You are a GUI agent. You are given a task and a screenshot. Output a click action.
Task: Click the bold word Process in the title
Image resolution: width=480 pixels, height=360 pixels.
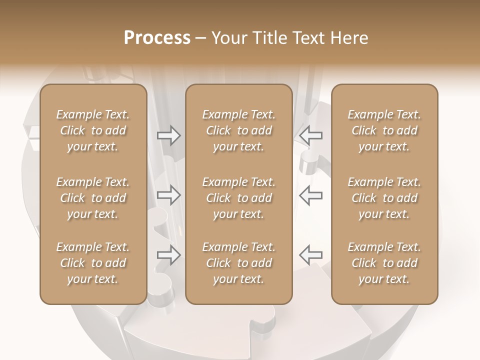pos(157,38)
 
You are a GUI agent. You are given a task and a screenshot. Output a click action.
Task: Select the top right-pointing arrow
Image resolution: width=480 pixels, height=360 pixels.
pos(168,135)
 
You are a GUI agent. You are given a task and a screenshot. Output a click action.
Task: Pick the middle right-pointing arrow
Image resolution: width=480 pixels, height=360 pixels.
pos(168,195)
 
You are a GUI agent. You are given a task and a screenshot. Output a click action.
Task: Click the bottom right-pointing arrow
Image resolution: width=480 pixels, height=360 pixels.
pos(168,255)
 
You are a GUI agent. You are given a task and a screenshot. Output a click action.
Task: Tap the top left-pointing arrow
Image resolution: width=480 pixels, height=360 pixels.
pos(311,135)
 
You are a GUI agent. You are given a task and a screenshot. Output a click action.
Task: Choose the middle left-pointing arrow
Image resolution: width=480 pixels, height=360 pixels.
pos(311,195)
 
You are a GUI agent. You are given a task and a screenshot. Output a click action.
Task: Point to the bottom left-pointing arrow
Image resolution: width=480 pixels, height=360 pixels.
pos(311,255)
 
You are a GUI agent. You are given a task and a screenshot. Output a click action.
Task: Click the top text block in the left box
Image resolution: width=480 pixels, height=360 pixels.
pos(93,130)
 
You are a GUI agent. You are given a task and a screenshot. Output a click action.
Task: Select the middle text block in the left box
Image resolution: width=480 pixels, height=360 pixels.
pos(93,198)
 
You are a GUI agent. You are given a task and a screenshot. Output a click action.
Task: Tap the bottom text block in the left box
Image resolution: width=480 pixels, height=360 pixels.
pos(93,263)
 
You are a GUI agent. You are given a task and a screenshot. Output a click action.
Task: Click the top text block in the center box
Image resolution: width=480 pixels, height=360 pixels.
pos(239,130)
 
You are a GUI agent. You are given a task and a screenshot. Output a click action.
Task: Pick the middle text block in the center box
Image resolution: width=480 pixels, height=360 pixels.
pos(239,198)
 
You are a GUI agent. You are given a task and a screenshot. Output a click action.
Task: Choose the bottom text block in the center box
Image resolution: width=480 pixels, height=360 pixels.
pos(239,263)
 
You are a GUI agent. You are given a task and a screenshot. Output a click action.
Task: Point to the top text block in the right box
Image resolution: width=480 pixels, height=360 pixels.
pos(384,130)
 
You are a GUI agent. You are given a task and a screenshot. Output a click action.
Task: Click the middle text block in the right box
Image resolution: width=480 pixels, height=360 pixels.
pos(384,198)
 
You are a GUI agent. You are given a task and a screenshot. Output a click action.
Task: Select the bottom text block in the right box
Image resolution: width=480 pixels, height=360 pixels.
pos(384,263)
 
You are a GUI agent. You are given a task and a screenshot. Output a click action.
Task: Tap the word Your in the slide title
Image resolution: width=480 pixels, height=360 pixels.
pos(228,38)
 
